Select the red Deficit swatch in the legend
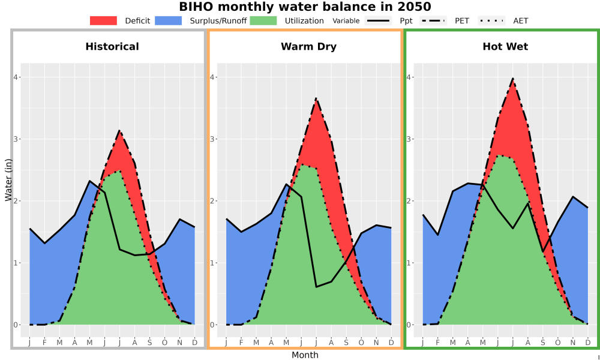[x=103, y=20]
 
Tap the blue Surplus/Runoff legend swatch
[x=169, y=20]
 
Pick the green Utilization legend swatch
[x=263, y=20]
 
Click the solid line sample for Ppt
[x=378, y=20]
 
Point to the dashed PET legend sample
[x=433, y=20]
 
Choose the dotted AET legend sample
[x=491, y=20]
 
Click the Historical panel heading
[x=112, y=47]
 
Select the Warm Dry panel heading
[x=309, y=47]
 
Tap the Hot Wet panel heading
[x=505, y=47]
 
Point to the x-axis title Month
[x=305, y=355]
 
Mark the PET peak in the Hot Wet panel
[x=512, y=79]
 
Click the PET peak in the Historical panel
[x=119, y=130]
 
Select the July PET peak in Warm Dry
[x=316, y=98]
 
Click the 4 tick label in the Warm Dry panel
[x=212, y=77]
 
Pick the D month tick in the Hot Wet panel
[x=588, y=343]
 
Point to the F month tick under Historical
[x=44, y=343]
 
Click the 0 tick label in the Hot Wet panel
[x=408, y=325]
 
